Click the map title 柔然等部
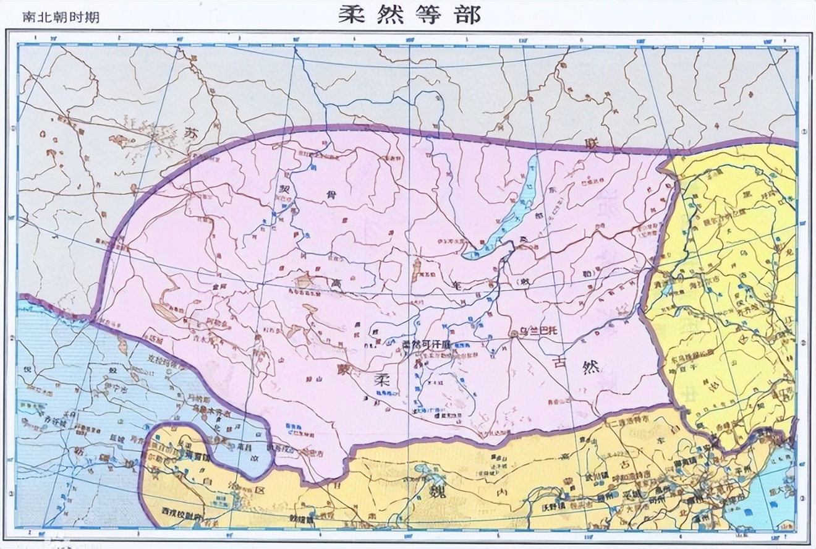409,15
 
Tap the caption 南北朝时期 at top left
60,17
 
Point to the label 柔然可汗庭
423,344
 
